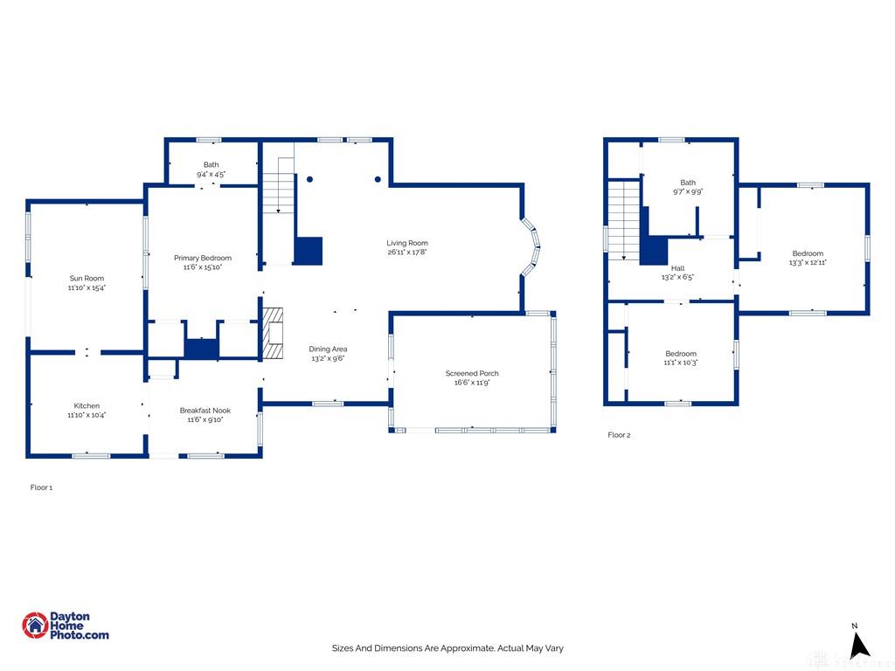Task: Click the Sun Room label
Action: coord(87,279)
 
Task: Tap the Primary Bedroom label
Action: coord(203,258)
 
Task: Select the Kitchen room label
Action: coord(87,405)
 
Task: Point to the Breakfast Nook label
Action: coord(205,411)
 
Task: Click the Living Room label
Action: coord(407,243)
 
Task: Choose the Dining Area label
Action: coord(328,349)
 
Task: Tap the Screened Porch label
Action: coord(472,373)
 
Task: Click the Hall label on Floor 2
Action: coord(677,268)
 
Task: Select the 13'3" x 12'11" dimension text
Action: coord(808,262)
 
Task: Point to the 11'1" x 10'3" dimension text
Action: coord(680,363)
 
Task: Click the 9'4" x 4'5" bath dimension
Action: coord(212,174)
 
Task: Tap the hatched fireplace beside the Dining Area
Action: coord(273,334)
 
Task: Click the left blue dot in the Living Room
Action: coord(309,179)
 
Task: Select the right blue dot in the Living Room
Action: coord(378,179)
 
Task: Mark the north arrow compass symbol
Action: coord(858,643)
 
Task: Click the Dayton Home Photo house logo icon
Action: coord(35,626)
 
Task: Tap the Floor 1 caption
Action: coord(41,488)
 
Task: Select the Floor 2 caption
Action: coord(619,435)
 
